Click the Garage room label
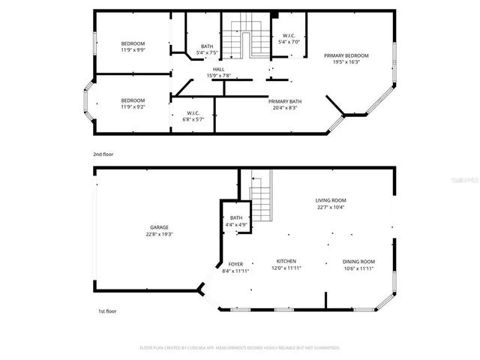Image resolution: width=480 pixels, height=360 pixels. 158,227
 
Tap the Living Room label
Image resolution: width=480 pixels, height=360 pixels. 330,200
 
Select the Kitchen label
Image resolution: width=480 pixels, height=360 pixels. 286,261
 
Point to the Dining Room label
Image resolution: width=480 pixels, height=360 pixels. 358,261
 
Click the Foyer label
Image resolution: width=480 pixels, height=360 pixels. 235,264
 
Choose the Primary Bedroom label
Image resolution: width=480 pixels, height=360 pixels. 346,55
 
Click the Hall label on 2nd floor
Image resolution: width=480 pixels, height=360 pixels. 218,69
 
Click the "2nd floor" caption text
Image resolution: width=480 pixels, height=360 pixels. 103,154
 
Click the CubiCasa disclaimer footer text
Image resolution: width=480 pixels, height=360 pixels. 240,348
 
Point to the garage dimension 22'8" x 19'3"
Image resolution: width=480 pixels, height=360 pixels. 158,235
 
